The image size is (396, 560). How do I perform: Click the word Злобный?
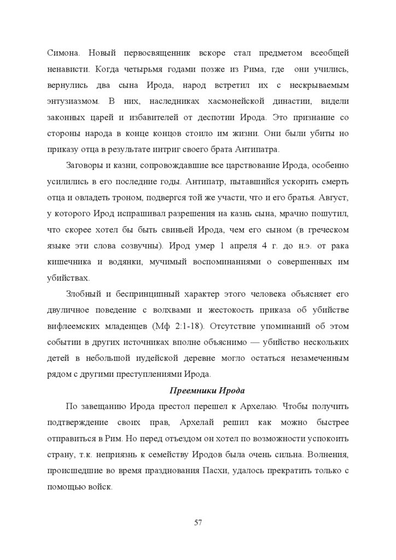point(82,292)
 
